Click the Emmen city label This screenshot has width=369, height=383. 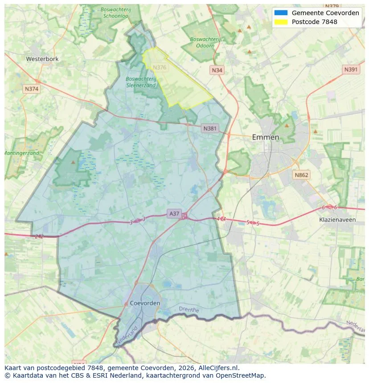click(x=266, y=137)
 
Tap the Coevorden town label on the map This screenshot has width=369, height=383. click(x=145, y=303)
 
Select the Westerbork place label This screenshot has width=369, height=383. click(x=42, y=59)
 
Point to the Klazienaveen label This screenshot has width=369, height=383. click(x=337, y=220)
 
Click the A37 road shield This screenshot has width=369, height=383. click(x=174, y=214)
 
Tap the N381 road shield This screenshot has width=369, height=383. click(x=209, y=129)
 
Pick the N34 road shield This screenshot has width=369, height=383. click(x=217, y=70)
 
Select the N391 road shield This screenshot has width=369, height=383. click(x=351, y=69)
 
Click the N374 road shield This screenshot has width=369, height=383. click(x=32, y=89)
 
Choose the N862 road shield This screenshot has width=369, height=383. click(x=301, y=175)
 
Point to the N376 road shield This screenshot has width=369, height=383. click(x=159, y=68)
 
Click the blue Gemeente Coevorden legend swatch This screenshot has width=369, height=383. click(x=281, y=13)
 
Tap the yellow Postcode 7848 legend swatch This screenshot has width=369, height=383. click(x=281, y=22)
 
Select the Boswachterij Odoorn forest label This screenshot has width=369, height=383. click(x=205, y=42)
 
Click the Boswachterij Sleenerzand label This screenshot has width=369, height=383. click(x=141, y=82)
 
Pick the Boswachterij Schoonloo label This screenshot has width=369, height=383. click(x=115, y=12)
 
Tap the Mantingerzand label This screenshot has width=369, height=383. click(x=21, y=153)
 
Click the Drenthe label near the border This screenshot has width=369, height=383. click(x=189, y=309)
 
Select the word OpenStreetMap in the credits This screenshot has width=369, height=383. click(x=243, y=375)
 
